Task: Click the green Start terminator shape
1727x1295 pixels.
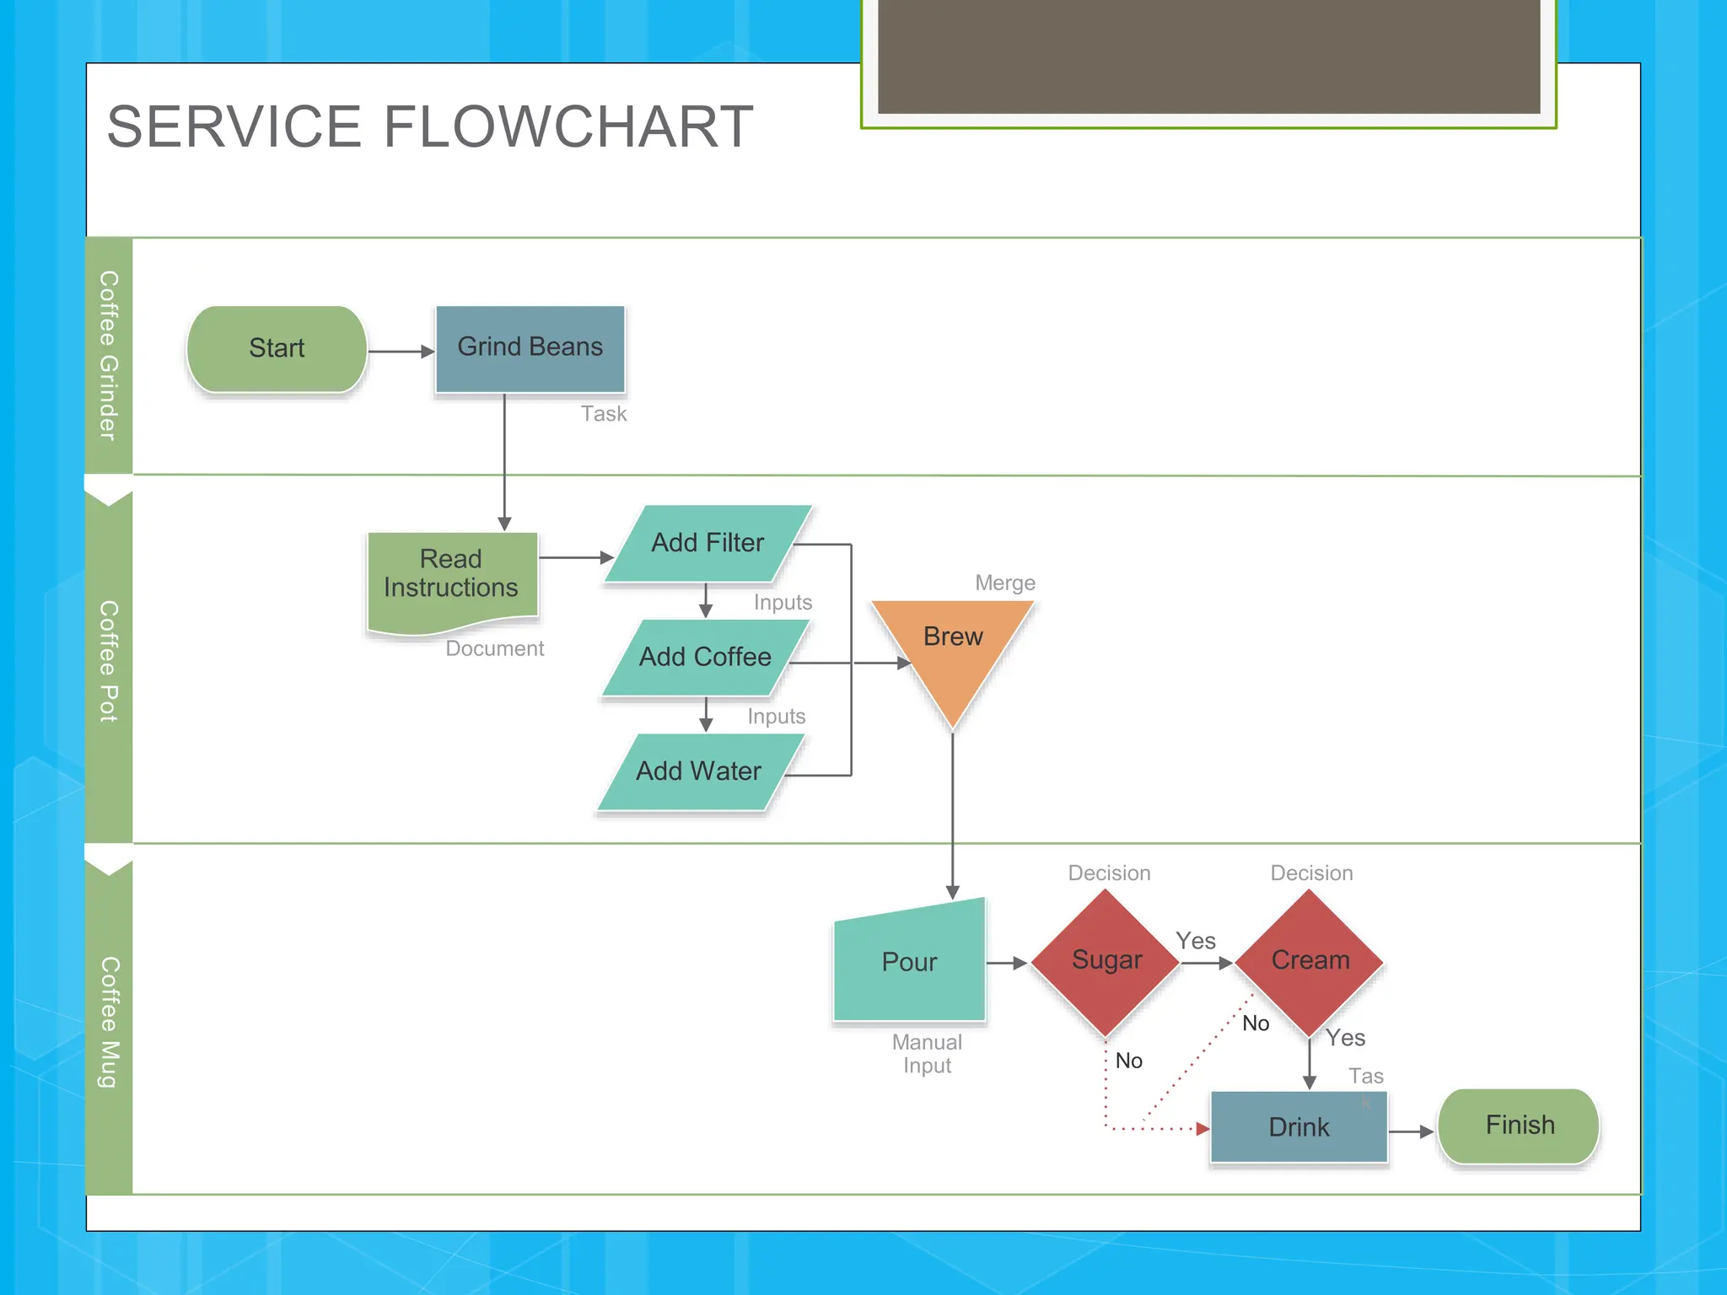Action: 277,349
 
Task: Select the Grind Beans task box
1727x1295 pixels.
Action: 530,348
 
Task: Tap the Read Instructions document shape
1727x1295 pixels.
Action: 451,578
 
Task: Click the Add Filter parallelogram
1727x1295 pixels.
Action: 707,544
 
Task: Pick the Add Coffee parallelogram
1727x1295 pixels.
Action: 705,658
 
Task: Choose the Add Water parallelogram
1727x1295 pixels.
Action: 699,771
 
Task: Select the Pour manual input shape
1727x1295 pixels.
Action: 909,963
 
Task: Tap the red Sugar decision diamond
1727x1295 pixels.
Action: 1106,961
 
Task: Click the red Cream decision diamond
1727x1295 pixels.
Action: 1310,961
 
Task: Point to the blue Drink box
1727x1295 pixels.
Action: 1299,1127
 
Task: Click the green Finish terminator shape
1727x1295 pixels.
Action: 1519,1126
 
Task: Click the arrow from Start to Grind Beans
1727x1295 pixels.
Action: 401,352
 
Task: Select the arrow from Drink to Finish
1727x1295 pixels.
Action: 1411,1131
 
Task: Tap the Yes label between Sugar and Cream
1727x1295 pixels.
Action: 1196,941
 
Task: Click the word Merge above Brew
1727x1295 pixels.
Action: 1004,583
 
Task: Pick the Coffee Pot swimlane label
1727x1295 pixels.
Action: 109,661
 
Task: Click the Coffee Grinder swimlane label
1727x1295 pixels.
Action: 109,355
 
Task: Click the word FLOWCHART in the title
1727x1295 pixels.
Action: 568,127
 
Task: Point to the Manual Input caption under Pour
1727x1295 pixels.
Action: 927,1054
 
